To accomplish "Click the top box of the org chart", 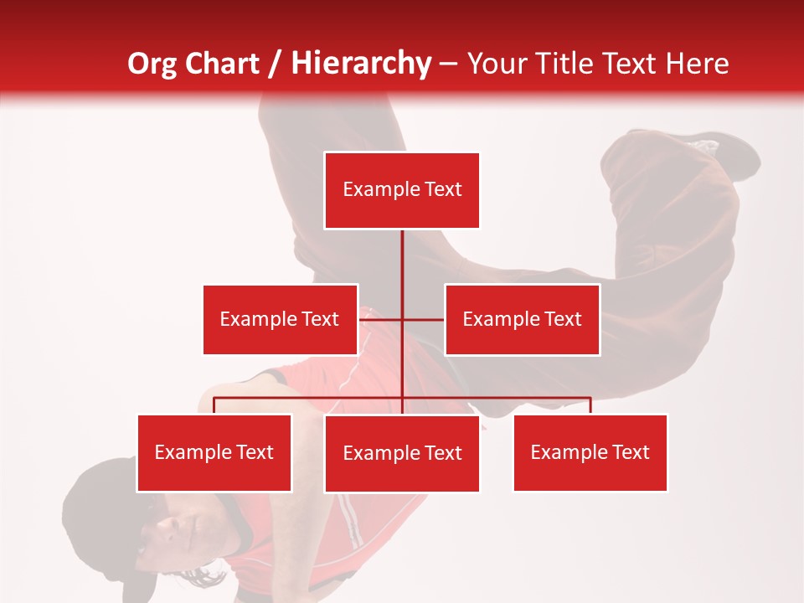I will click(x=402, y=190).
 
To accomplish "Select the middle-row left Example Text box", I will click(x=280, y=319).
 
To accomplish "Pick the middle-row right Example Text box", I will click(x=522, y=319).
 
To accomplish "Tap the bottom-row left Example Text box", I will click(x=214, y=452).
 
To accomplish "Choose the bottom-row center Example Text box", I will click(x=402, y=453).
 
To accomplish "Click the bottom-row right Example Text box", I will click(x=590, y=452).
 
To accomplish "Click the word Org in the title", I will click(x=151, y=64).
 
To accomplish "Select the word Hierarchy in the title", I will click(x=360, y=64).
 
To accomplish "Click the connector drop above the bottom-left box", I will click(x=214, y=405).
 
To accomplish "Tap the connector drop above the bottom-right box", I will click(x=590, y=405).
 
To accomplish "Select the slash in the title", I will click(x=275, y=64).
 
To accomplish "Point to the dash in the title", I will click(x=448, y=64).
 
